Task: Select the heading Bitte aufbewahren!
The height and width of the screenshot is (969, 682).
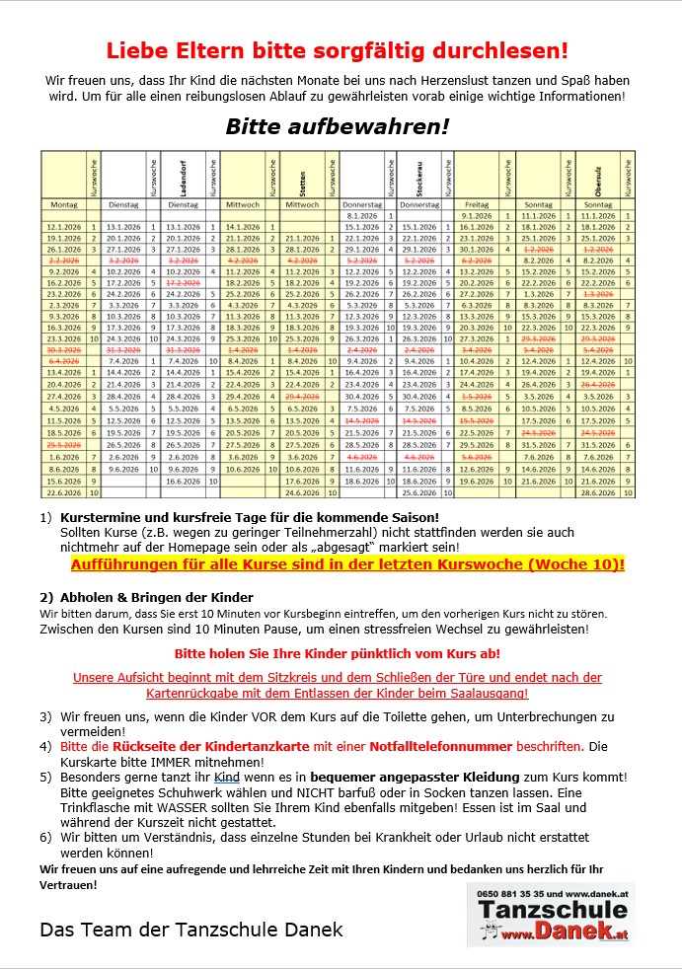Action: coord(337,126)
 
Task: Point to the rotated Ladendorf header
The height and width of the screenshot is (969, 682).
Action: coord(184,174)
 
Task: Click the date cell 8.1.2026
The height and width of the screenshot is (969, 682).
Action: coord(362,215)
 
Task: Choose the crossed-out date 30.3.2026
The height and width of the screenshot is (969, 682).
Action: coord(63,349)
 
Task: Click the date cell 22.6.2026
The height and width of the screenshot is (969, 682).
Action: coord(63,492)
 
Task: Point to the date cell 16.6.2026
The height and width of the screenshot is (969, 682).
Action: coord(184,482)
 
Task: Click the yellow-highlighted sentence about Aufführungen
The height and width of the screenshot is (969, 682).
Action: coord(347,564)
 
